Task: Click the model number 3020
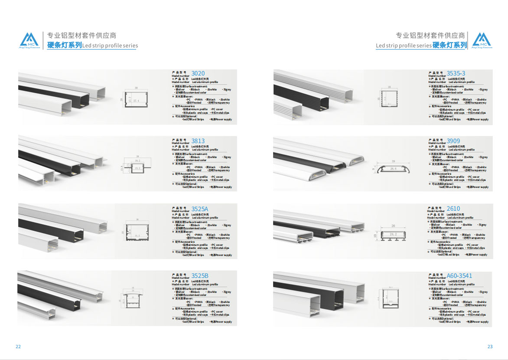(198, 73)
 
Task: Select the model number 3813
(198, 141)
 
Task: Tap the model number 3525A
(199, 209)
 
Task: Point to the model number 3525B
(199, 276)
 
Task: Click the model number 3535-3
(456, 73)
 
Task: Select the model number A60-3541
(459, 276)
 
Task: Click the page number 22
(18, 347)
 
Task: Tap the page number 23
(490, 347)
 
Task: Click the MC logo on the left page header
(29, 40)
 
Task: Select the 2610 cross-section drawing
(393, 235)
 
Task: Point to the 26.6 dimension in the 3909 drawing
(393, 169)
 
